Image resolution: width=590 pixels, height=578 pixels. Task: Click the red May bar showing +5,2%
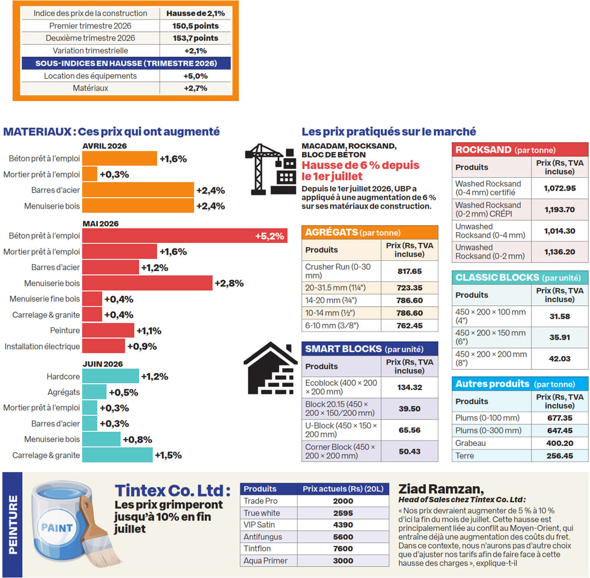185,236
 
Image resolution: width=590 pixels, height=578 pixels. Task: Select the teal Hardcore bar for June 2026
111,376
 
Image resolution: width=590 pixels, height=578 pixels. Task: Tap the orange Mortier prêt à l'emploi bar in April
90,174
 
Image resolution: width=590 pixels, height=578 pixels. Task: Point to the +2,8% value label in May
229,283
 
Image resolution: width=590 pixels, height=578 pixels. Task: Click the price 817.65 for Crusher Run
409,271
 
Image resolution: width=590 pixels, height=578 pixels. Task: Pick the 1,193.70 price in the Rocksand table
560,210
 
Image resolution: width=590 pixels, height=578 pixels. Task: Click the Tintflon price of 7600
343,549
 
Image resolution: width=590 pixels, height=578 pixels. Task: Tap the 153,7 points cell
195,38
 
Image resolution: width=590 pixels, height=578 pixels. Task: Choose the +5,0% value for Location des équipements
195,76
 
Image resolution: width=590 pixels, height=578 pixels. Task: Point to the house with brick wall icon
271,368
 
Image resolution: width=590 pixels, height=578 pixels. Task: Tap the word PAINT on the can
57,528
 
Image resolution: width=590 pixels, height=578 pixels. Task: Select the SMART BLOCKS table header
370,349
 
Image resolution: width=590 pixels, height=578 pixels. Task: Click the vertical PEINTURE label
12,525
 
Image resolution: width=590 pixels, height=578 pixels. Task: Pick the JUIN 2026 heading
103,364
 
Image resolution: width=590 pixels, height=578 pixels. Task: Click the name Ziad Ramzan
441,489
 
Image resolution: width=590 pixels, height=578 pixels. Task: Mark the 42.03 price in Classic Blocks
560,359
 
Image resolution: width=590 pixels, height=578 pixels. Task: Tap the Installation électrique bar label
42,346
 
